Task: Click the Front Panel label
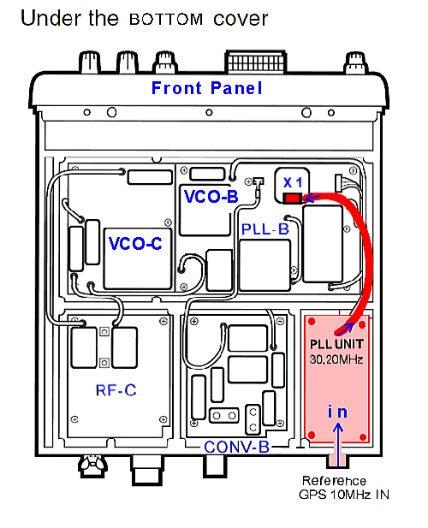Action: coord(207,88)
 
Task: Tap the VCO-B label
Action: coord(211,196)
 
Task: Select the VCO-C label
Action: coord(135,243)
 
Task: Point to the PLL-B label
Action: coord(265,229)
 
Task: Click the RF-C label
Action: coord(116,390)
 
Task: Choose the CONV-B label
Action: coord(237,448)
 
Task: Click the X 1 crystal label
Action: coord(292,182)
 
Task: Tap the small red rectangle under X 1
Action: coord(292,198)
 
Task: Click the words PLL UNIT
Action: coord(336,344)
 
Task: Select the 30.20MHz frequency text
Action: coord(336,359)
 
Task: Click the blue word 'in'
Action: coord(337,412)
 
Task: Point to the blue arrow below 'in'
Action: coord(338,444)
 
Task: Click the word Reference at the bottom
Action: coord(334,481)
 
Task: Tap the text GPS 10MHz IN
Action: coord(344,495)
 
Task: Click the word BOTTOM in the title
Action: coord(166,20)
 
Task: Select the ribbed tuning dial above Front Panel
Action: coord(256,62)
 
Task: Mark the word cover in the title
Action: coord(241,20)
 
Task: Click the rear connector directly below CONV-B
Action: coord(215,466)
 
